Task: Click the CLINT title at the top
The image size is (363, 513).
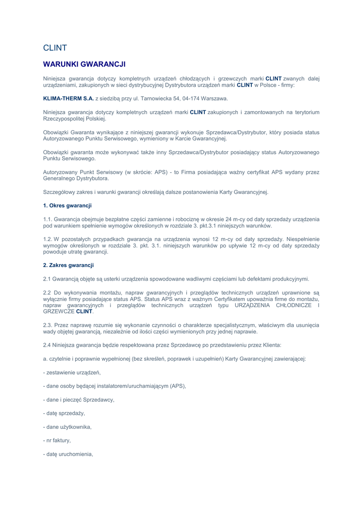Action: (x=55, y=48)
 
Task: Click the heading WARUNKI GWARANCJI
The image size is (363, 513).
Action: (x=84, y=64)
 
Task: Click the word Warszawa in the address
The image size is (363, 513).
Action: (x=214, y=98)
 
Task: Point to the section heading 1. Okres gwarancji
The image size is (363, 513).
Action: (x=68, y=205)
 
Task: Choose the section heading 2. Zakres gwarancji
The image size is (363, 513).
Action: (x=69, y=265)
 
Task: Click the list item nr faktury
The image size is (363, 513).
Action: (x=58, y=440)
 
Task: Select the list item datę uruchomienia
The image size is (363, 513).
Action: (x=69, y=454)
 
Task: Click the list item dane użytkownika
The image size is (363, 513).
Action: (x=68, y=427)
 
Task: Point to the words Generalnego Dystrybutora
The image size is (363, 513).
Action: (x=76, y=178)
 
